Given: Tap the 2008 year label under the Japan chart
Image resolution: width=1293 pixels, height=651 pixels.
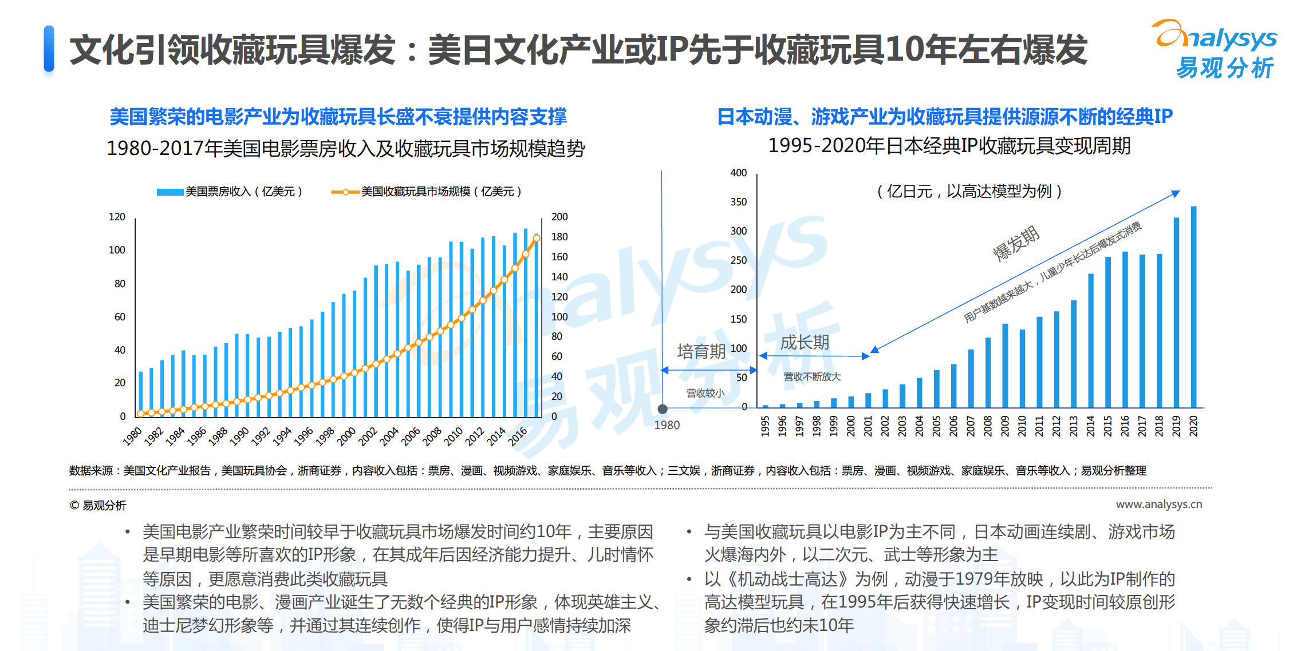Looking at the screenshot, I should (988, 426).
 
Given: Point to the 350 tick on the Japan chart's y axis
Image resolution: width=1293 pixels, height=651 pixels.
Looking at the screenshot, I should (738, 202).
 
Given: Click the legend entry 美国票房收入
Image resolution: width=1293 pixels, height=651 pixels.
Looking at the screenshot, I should (229, 192).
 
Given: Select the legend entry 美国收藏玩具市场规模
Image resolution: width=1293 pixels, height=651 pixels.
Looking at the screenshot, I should (427, 192).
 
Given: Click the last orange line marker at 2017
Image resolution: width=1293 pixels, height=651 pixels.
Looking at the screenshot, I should (537, 238).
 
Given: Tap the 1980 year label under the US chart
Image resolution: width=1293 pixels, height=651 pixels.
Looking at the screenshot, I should (132, 436).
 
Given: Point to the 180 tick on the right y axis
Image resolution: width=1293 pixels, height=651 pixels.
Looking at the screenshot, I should (559, 237).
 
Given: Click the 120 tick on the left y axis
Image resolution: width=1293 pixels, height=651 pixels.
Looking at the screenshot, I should (117, 217).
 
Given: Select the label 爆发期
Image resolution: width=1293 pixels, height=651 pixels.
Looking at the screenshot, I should (1016, 243).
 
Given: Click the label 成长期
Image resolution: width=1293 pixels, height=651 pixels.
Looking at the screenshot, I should (805, 343).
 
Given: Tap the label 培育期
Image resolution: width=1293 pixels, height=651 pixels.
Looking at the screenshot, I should (701, 351).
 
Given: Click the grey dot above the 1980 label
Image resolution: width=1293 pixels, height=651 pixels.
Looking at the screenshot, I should (663, 409).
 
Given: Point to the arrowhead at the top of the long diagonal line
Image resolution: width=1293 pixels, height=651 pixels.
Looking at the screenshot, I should (1175, 194).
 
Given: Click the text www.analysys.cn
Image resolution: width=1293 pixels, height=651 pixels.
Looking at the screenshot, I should (1158, 504).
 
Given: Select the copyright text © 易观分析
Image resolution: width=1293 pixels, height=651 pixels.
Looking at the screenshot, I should (98, 505).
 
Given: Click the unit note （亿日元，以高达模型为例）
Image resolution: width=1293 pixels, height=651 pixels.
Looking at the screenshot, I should (969, 191).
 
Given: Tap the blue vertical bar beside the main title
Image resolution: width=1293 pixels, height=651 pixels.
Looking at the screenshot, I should (49, 49).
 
